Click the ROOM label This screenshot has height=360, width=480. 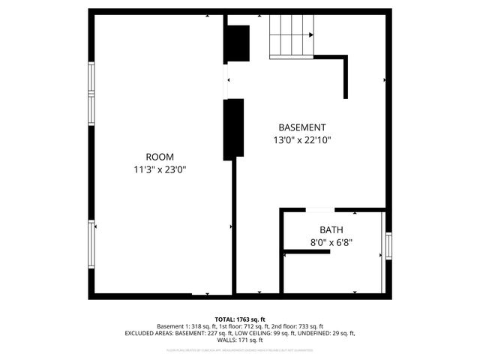pos(159,156)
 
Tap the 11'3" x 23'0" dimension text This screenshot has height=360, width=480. pos(159,169)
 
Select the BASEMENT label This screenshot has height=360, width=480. pos(302,127)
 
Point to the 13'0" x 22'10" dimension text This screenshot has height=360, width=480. pos(302,139)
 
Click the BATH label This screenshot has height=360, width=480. pos(331,229)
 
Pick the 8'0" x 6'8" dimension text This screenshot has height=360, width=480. pos(331,242)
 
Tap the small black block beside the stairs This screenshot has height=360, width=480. pos(238,44)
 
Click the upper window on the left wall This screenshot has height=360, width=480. pos(92,92)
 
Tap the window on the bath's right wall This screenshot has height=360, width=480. pos(388,245)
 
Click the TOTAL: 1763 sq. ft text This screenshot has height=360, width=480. pos(240,319)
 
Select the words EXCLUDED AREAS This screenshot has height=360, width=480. pos(149,333)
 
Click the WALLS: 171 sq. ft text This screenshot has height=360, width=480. pos(240,340)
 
